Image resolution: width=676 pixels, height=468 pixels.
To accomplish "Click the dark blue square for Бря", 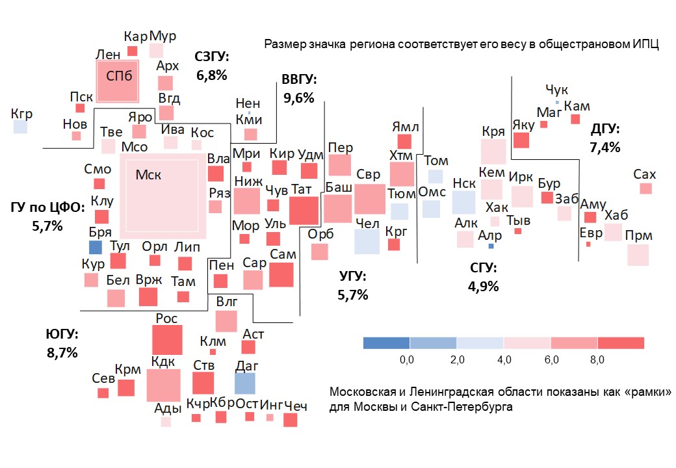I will coord(96,247).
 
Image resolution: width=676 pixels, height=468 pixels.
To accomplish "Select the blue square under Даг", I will coord(245,383).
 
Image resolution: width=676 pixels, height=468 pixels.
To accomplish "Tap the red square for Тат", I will coord(304,211).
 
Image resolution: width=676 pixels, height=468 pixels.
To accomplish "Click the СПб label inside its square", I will coord(119,76).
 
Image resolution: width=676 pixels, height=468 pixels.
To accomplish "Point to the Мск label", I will coord(148,174).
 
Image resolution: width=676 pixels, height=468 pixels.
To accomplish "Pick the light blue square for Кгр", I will coord(21,127).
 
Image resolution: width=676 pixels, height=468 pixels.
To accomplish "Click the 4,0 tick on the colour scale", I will coord(504,359).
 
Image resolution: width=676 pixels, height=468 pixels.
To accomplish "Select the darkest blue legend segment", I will coord(386,343).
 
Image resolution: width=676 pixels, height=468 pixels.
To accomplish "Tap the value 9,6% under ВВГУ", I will coord(299,98).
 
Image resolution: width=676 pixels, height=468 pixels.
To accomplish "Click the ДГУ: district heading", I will coord(605,129).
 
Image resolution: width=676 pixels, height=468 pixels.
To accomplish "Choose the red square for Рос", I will coord(167,340).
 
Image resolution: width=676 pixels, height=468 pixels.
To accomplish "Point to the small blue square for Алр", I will coord(491,246).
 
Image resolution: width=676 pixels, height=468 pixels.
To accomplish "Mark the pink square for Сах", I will coord(645,188).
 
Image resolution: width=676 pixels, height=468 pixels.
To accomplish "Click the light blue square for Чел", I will coord(367,241).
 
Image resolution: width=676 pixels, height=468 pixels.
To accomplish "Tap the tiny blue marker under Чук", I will coord(557,102).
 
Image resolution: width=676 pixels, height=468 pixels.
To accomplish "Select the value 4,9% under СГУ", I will coord(483,286).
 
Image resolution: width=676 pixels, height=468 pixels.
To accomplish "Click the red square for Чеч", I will coord(291,420).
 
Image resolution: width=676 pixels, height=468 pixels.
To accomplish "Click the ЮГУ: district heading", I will coord(62,334).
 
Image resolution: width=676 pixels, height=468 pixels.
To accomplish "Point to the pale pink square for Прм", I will coord(638,255).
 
